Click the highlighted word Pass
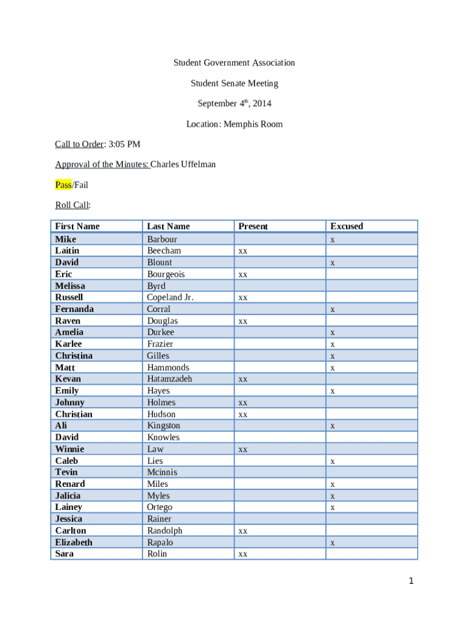pos(63,185)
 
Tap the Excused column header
pos(346,226)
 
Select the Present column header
pos(253,226)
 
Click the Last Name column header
pos(168,226)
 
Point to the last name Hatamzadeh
pos(169,379)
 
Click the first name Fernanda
pos(74,309)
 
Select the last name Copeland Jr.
pos(170,297)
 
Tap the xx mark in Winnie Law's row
pos(242,450)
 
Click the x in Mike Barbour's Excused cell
pos(332,240)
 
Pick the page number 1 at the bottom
pos(411,581)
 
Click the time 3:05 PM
pos(125,144)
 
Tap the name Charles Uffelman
pos(183,165)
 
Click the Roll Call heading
pos(72,205)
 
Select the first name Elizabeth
pos(74,542)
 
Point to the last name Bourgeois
pos(166,274)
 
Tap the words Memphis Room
pos(253,124)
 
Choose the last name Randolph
pos(164,531)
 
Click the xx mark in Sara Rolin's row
pos(242,555)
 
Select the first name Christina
pos(74,356)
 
